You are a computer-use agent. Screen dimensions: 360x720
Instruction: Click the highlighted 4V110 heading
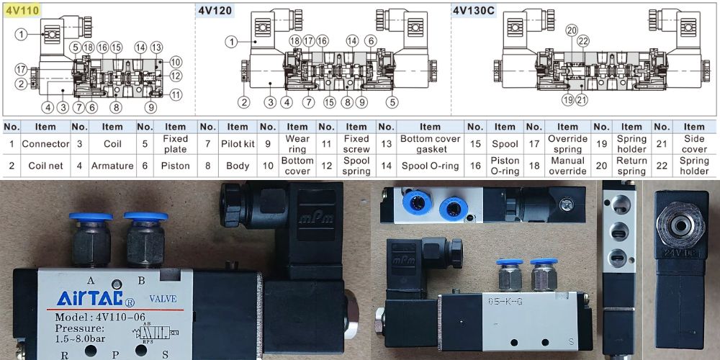(22, 11)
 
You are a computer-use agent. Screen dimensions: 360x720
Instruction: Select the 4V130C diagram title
(475, 11)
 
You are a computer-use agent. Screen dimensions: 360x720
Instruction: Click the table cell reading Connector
(45, 144)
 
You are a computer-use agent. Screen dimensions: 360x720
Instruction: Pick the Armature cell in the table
(112, 166)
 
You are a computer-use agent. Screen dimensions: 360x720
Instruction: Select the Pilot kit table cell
(238, 144)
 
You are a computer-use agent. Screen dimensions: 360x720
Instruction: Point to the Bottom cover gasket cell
(430, 144)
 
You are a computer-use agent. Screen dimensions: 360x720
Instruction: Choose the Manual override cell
(567, 166)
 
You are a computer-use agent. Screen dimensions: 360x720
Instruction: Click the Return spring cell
(631, 166)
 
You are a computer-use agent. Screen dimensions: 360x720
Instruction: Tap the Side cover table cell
(694, 144)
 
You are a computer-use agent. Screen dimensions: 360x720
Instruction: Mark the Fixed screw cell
(356, 144)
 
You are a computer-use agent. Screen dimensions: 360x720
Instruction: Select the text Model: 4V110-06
(102, 318)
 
